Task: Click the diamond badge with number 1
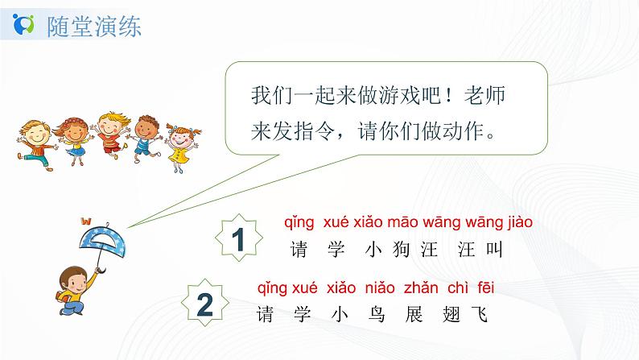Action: [237, 239]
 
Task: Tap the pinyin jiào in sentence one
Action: [515, 221]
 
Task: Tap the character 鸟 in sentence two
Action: [371, 314]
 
